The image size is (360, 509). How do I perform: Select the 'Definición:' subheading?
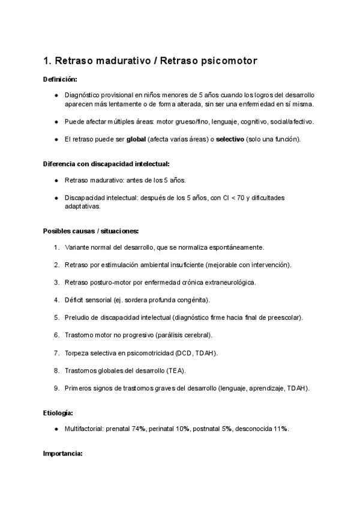point(60,79)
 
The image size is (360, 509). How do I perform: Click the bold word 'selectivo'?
point(230,139)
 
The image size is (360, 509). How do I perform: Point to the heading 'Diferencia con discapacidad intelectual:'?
point(106,164)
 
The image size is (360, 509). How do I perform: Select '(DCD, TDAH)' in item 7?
point(197,352)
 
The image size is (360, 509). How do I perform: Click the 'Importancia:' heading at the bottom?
point(62,454)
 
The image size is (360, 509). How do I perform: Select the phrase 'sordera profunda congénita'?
point(169,300)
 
